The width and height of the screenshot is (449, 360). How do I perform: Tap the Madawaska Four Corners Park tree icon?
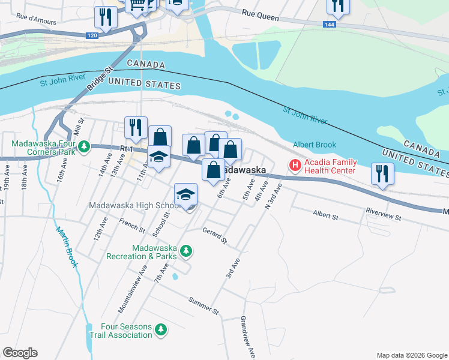(x=85, y=146)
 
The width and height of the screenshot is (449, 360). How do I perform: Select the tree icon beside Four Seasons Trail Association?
(x=160, y=329)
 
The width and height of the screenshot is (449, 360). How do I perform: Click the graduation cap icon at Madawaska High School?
(x=186, y=194)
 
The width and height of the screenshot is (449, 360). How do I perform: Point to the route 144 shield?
(x=328, y=25)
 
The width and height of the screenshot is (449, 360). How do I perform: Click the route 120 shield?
(x=92, y=36)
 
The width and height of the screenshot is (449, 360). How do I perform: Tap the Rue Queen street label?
(x=261, y=13)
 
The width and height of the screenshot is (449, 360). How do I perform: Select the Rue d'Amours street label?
(x=36, y=18)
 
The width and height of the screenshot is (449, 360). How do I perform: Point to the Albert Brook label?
(x=315, y=145)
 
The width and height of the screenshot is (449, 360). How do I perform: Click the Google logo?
(x=20, y=353)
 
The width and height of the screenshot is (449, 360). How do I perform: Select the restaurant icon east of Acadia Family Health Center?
(x=382, y=173)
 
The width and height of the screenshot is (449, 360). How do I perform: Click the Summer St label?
(x=204, y=306)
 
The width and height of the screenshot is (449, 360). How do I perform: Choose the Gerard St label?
(x=214, y=236)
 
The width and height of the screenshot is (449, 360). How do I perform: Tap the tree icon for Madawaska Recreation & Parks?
(x=186, y=251)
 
